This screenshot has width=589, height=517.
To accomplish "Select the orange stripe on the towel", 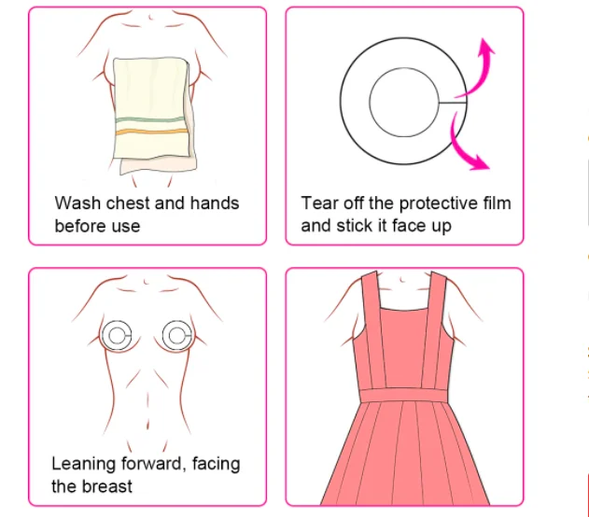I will pyautogui.click(x=149, y=133).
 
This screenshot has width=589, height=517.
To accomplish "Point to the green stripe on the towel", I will pyautogui.click(x=149, y=121).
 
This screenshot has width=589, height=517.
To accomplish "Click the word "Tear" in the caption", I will pyautogui.click(x=318, y=203).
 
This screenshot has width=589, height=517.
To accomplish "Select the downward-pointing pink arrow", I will pyautogui.click(x=467, y=149).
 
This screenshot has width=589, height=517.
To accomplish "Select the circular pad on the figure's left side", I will pyautogui.click(x=117, y=334).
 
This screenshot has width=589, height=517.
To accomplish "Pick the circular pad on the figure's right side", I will pyautogui.click(x=175, y=334).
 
